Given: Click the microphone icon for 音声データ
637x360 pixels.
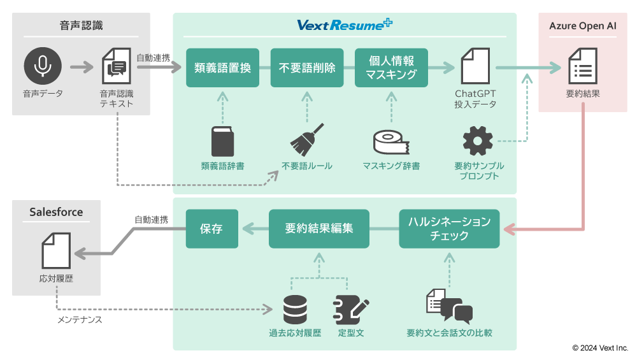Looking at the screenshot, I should click(x=43, y=66).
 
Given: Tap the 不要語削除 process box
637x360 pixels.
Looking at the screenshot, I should click(x=307, y=68).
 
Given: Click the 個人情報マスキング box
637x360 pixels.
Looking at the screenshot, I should click(x=391, y=68).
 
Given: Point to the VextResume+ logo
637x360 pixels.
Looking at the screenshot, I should click(x=345, y=25).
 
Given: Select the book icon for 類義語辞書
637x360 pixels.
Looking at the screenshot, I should click(x=222, y=142).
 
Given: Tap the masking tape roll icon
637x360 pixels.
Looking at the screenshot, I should click(x=391, y=143).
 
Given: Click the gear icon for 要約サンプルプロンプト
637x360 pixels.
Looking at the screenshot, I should click(x=477, y=141).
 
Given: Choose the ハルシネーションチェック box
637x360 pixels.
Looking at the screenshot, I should click(x=449, y=229).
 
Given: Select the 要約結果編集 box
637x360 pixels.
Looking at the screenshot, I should click(x=318, y=229).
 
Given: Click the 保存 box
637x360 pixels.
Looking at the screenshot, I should click(x=211, y=229).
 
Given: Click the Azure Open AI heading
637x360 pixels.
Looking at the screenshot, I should click(x=583, y=26).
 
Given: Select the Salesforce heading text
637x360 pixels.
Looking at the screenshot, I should click(x=56, y=212).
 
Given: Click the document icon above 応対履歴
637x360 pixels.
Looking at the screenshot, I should click(x=56, y=250).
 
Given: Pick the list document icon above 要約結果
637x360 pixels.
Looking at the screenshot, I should click(x=582, y=65).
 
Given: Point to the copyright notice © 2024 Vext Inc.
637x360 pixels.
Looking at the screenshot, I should click(x=600, y=348).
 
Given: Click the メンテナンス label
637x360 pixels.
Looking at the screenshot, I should click(x=80, y=319).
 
